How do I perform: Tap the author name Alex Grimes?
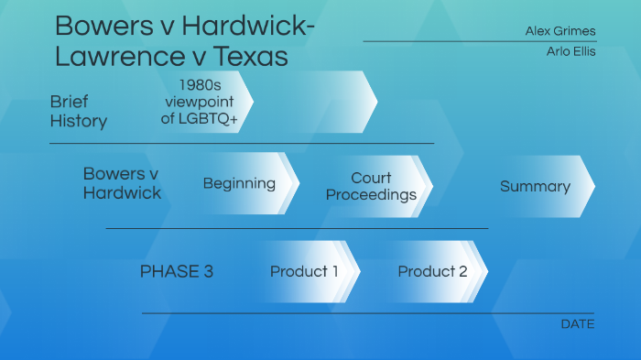[560, 31]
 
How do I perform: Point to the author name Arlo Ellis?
[570, 51]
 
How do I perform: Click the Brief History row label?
[79, 111]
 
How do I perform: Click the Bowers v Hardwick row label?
[122, 183]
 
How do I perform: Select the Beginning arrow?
[240, 183]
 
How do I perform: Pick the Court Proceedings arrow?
[372, 186]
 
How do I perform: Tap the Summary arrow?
[536, 186]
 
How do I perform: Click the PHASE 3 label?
[177, 271]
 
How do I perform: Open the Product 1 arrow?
[304, 271]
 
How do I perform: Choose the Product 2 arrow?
[432, 271]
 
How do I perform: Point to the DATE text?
[577, 323]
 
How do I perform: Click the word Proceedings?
[372, 194]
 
